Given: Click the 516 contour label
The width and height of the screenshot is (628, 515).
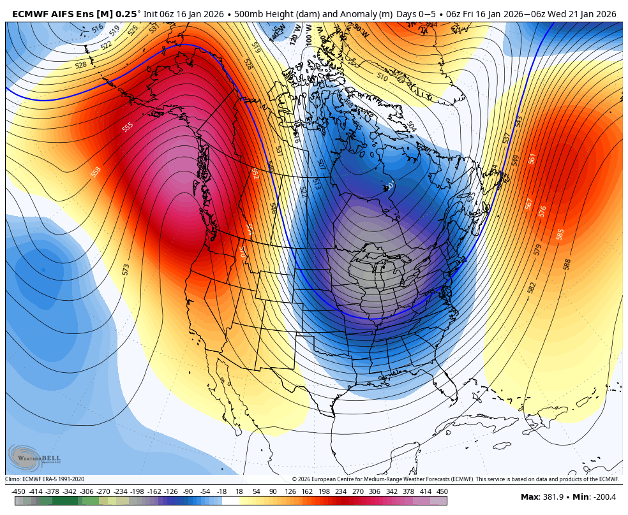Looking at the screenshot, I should (97, 28).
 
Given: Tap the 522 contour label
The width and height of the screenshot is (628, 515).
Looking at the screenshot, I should (107, 45).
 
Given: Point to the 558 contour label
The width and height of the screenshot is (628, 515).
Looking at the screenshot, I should (96, 171).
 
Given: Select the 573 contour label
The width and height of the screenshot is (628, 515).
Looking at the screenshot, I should (126, 270).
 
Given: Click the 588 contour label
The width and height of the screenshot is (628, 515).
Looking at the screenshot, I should (567, 264).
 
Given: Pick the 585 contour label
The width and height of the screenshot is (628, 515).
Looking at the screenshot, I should (560, 234).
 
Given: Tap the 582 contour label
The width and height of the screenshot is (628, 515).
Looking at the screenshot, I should (532, 287).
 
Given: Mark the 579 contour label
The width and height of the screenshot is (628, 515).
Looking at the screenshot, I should (537, 249).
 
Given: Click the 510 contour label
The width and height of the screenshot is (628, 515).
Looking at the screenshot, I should (382, 77).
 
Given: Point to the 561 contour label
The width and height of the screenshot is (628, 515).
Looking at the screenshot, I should (532, 158).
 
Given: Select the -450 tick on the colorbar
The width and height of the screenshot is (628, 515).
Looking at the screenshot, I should (18, 491).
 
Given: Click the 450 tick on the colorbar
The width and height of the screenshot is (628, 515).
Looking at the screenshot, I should (442, 491).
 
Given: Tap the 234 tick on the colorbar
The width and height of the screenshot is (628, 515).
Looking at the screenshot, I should (340, 491).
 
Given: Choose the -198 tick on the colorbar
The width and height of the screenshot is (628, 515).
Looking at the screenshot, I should (137, 491).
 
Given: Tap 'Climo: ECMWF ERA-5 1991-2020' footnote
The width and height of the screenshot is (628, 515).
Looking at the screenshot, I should (45, 479).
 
